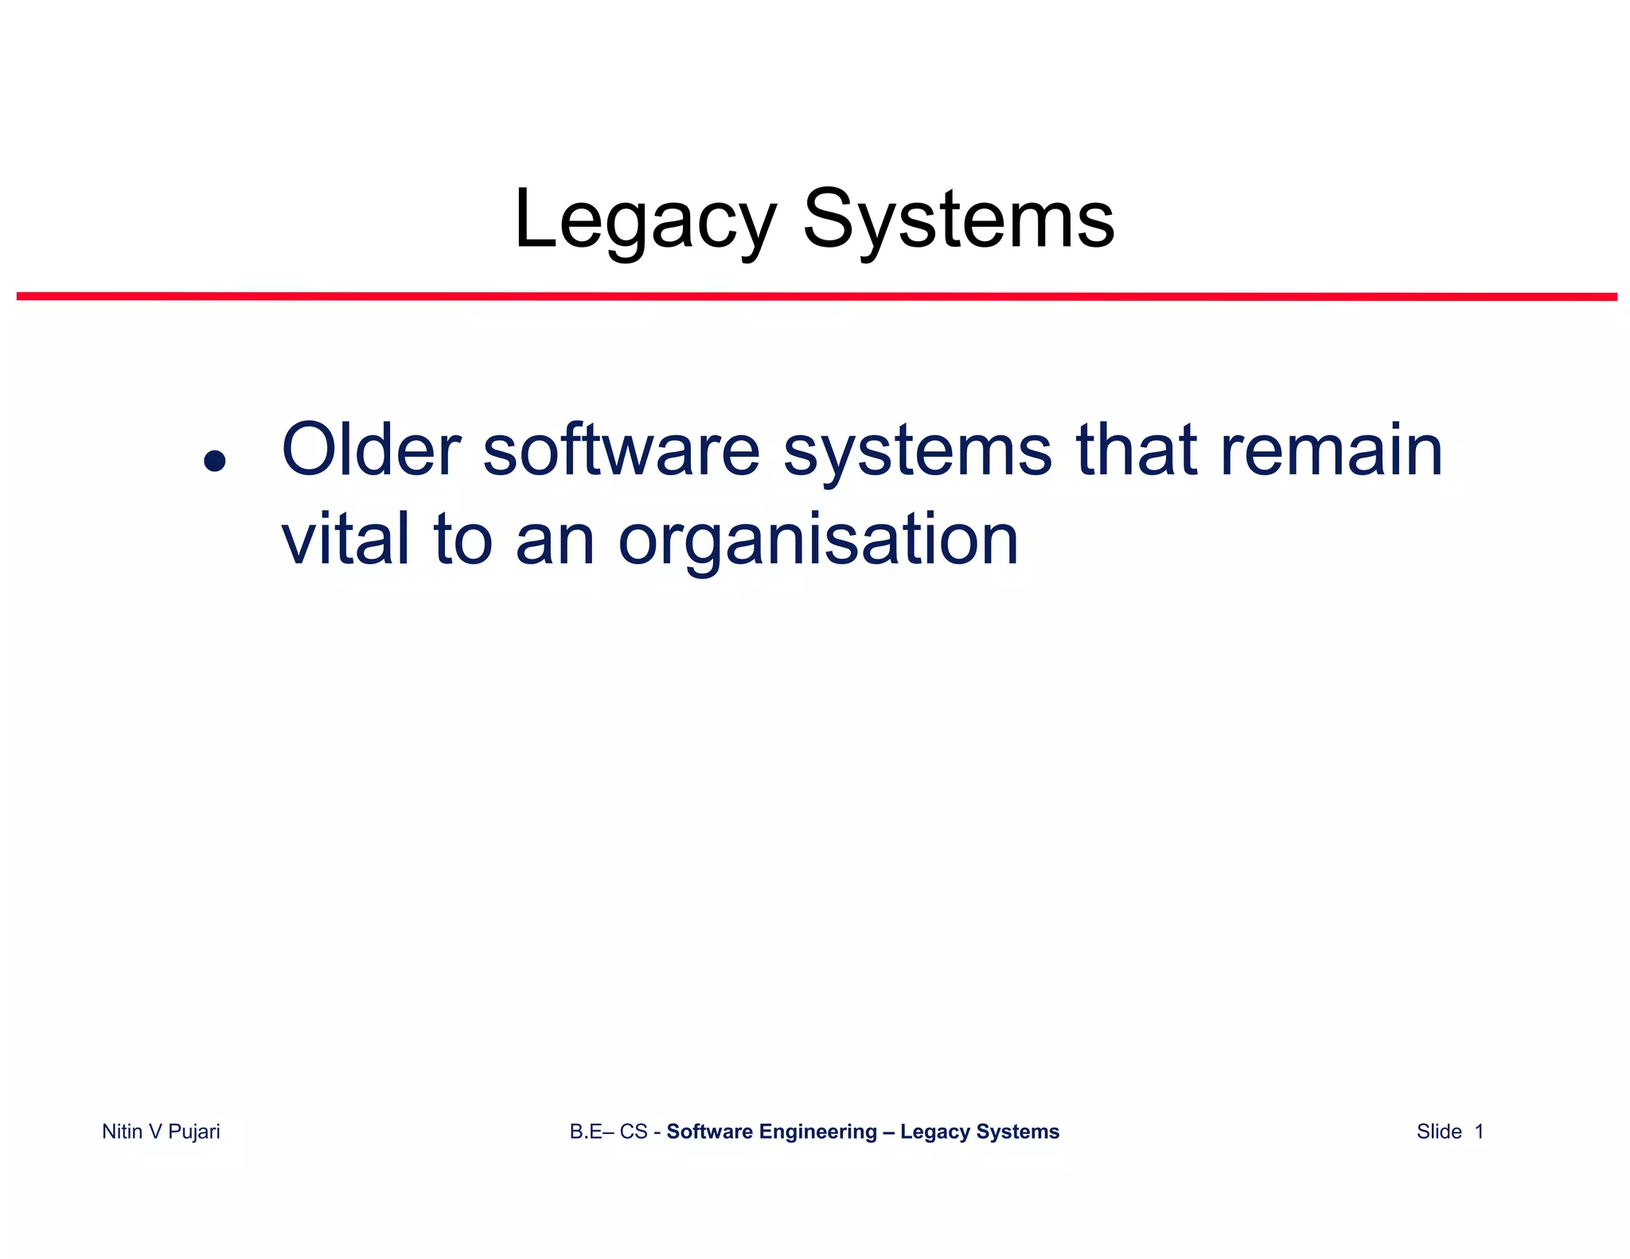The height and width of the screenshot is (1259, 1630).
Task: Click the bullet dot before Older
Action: coord(214,461)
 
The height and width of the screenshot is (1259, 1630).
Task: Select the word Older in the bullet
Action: coord(371,450)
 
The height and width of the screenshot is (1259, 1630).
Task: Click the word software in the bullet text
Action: coord(621,450)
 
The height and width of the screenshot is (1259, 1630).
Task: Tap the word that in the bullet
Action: coord(1137,450)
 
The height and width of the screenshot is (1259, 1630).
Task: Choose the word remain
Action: coord(1331,450)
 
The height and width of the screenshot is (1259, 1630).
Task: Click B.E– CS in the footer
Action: coord(608,1132)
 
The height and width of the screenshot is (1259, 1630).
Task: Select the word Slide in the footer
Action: coord(1439,1132)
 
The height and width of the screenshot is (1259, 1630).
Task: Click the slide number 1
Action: coord(1479,1132)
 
